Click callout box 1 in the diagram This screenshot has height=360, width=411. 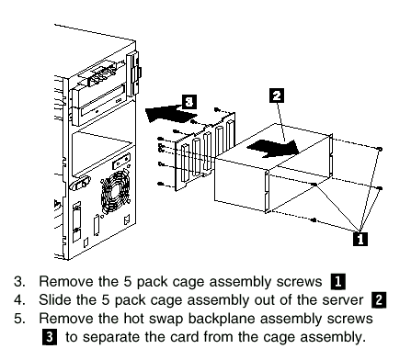click(360, 239)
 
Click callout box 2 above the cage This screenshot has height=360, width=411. click(277, 96)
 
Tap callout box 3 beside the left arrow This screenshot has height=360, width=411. click(189, 102)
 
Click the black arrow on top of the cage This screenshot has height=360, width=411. click(273, 149)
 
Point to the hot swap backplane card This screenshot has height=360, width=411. click(205, 151)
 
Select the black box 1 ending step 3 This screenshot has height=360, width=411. click(337, 282)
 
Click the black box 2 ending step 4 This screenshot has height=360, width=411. click(379, 300)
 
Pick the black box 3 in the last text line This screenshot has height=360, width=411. click(50, 337)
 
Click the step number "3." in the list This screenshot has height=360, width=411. click(19, 282)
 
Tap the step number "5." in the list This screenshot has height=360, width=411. click(19, 319)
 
